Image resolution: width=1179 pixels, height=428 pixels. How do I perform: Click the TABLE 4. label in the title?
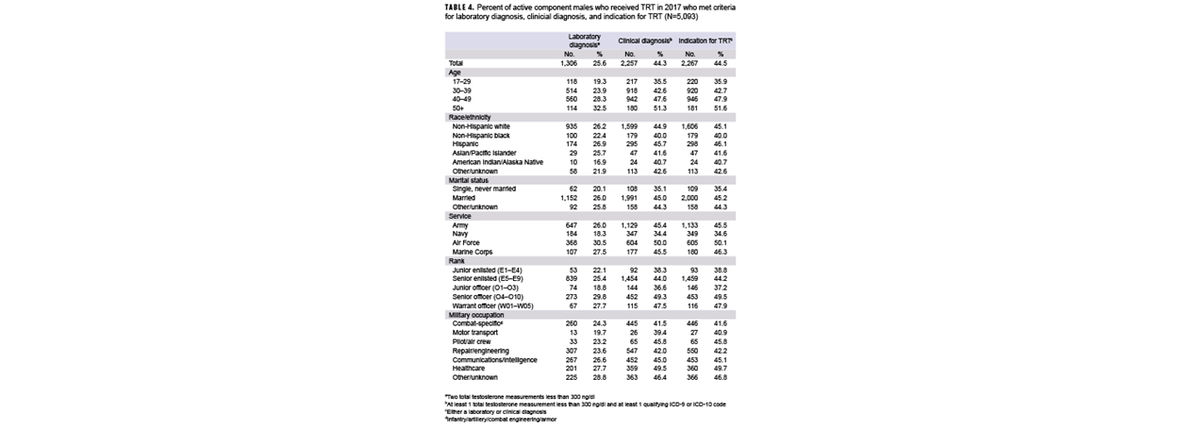tap(461, 8)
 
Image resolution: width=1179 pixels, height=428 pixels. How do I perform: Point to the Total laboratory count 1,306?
tap(568, 63)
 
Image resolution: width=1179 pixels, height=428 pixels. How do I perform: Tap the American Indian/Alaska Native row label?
tap(499, 161)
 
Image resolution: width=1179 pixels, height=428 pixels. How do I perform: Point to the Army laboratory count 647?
tap(570, 223)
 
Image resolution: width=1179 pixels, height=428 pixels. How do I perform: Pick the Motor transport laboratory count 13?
tap(573, 331)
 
